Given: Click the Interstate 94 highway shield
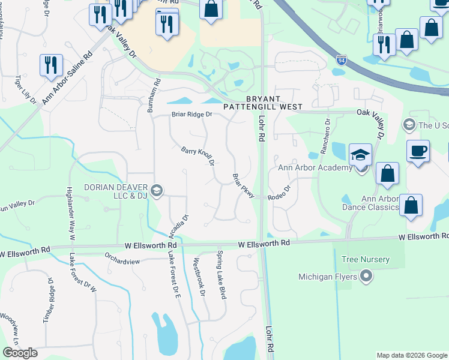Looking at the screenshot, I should point(341,61).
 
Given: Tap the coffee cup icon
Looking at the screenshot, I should point(418,151).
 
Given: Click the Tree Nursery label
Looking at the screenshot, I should point(365,260).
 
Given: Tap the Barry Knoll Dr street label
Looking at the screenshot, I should point(198,156).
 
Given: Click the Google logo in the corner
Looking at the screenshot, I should point(20,353).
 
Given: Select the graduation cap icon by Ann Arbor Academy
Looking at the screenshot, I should point(360,155).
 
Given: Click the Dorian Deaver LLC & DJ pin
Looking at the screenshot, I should point(157,191).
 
